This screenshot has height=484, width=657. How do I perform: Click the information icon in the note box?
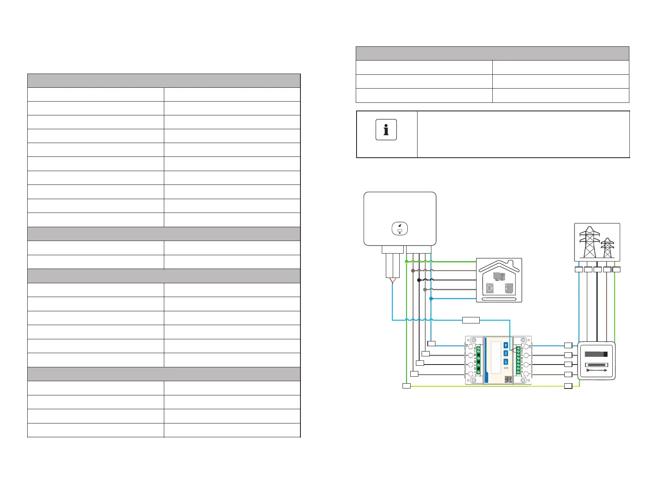(386, 130)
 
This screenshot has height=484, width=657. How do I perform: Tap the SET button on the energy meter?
(506, 362)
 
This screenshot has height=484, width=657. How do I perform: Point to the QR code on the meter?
(508, 379)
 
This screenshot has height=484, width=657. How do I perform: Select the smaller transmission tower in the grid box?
(607, 248)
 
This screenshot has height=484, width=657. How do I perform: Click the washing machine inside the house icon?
(490, 289)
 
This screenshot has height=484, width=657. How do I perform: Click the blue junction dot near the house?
(431, 299)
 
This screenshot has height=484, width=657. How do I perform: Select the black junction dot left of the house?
(419, 280)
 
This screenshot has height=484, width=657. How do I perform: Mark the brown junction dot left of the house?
(413, 271)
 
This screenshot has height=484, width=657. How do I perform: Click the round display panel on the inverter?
(400, 228)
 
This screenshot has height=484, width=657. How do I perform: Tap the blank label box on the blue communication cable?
(471, 320)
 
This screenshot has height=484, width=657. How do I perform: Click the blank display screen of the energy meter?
(496, 358)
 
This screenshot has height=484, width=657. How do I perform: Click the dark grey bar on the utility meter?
(596, 354)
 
